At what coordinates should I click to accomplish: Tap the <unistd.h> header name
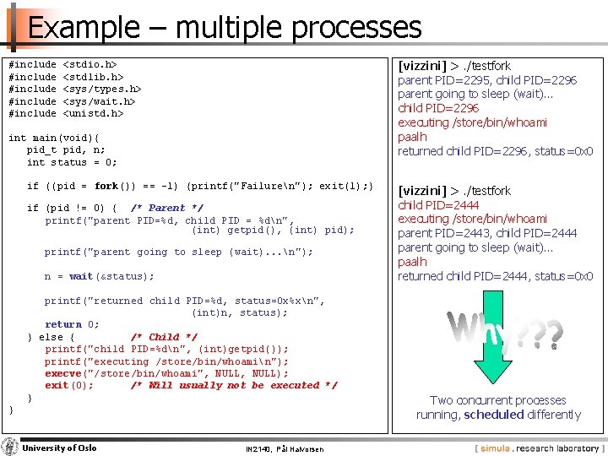click(x=94, y=113)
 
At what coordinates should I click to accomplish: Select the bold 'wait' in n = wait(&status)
click(x=81, y=276)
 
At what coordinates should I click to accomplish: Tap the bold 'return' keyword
click(x=63, y=324)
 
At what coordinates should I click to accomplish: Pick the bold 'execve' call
click(x=63, y=373)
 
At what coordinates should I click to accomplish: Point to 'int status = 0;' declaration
click(x=72, y=162)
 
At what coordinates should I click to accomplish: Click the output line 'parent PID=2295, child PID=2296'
click(x=487, y=80)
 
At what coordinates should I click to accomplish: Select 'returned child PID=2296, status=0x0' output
click(x=495, y=151)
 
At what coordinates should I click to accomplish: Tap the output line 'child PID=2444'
click(x=438, y=204)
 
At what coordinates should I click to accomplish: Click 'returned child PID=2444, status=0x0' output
click(x=495, y=276)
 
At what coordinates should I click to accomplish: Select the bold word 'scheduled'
click(x=493, y=415)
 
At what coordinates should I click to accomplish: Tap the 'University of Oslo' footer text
click(x=59, y=448)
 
